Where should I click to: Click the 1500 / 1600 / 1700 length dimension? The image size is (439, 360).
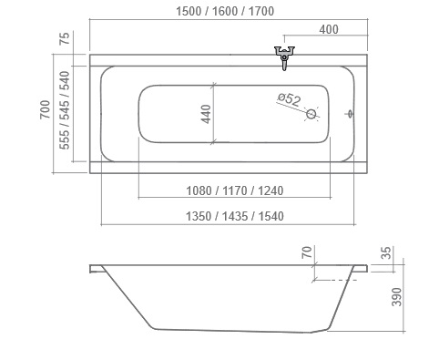[225, 11]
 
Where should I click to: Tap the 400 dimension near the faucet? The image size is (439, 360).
[329, 29]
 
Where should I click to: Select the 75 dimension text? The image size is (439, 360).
[65, 38]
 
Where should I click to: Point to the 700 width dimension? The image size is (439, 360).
[45, 109]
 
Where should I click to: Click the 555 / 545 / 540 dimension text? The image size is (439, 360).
[65, 110]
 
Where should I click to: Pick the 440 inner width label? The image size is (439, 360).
[206, 114]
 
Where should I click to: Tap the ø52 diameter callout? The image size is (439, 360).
[290, 99]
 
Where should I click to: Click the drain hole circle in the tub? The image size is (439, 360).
[311, 114]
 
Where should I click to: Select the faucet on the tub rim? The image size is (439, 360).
[284, 57]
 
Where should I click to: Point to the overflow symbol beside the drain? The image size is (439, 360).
[351, 114]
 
